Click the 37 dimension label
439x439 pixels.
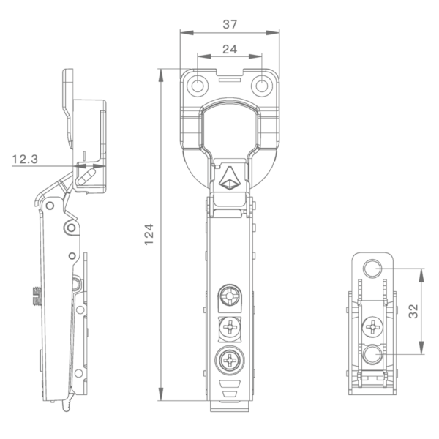point(230,24)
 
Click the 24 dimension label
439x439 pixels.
point(230,50)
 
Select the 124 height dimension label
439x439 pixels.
point(149,234)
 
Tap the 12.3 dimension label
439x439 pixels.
point(25,160)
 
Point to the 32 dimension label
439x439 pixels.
point(413,311)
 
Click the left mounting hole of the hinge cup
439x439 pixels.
point(198,86)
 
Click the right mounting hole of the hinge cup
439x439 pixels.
point(262,86)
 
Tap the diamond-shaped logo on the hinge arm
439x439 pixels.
point(230,179)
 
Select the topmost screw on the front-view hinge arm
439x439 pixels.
point(230,296)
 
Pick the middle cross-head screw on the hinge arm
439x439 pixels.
point(230,327)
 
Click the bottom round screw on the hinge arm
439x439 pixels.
point(230,360)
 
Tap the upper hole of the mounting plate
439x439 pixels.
point(372,269)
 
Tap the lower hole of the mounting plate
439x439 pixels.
point(372,354)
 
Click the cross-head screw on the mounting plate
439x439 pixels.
point(372,327)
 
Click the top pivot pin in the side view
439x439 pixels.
point(50,206)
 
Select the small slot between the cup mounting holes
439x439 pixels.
point(230,80)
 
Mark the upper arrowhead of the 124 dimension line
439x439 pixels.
point(161,75)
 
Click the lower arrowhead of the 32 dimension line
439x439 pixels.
point(421,348)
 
